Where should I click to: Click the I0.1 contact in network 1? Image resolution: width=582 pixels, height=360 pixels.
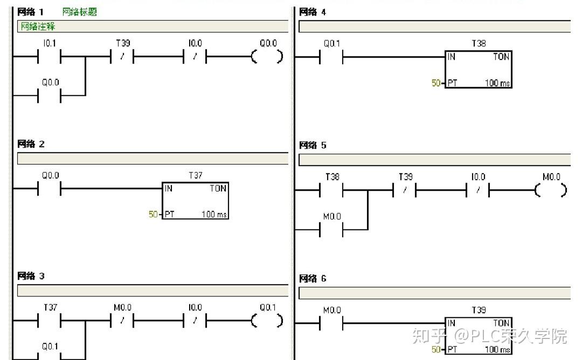click(x=50, y=57)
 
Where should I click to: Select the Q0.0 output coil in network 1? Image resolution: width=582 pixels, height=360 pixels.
click(x=267, y=57)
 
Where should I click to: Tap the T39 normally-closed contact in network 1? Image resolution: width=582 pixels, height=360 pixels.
click(x=122, y=57)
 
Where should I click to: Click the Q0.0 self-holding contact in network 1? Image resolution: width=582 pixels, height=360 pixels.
click(x=50, y=95)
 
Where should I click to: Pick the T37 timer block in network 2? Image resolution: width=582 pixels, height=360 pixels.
click(x=195, y=200)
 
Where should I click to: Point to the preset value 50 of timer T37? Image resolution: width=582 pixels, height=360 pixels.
click(x=153, y=214)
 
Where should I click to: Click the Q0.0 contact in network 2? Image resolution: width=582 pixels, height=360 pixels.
click(x=50, y=189)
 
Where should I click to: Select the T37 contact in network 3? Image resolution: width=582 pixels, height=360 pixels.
click(x=50, y=320)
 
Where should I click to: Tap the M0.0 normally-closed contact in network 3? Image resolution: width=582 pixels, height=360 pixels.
click(x=122, y=320)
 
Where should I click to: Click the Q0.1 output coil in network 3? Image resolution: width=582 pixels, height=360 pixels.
click(x=267, y=320)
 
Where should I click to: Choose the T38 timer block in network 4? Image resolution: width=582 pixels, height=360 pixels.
click(x=479, y=70)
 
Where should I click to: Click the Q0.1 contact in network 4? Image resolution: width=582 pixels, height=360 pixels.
click(x=331, y=57)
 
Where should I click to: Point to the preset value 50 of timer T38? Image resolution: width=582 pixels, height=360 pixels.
click(x=436, y=83)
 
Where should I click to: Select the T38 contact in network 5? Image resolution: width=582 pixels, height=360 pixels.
click(x=331, y=190)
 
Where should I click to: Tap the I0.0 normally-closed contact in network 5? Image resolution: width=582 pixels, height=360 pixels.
click(x=478, y=190)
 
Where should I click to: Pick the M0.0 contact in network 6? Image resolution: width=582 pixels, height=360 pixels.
click(x=331, y=323)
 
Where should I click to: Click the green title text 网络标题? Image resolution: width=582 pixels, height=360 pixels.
click(x=79, y=12)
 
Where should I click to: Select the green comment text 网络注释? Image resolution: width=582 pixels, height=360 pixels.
click(x=38, y=26)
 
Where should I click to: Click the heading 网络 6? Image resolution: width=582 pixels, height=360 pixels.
click(x=313, y=278)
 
